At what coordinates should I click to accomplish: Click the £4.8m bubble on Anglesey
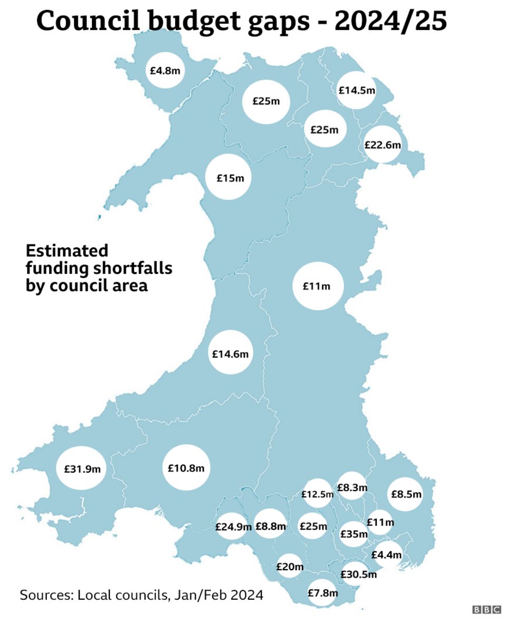point(166,69)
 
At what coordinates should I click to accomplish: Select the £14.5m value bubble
point(357,90)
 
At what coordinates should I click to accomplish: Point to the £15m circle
point(230,178)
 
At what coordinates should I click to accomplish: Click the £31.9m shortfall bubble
point(82,468)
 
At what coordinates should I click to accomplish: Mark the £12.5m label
point(317,494)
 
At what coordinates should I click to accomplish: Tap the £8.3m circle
point(352,488)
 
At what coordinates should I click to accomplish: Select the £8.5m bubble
point(406,494)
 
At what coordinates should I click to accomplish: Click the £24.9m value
point(232,526)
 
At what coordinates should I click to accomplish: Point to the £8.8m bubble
point(270,526)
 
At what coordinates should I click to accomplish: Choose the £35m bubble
point(354,534)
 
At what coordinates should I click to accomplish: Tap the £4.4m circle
point(386,555)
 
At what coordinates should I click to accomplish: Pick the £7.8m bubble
point(322,593)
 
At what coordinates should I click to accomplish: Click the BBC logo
point(486,609)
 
